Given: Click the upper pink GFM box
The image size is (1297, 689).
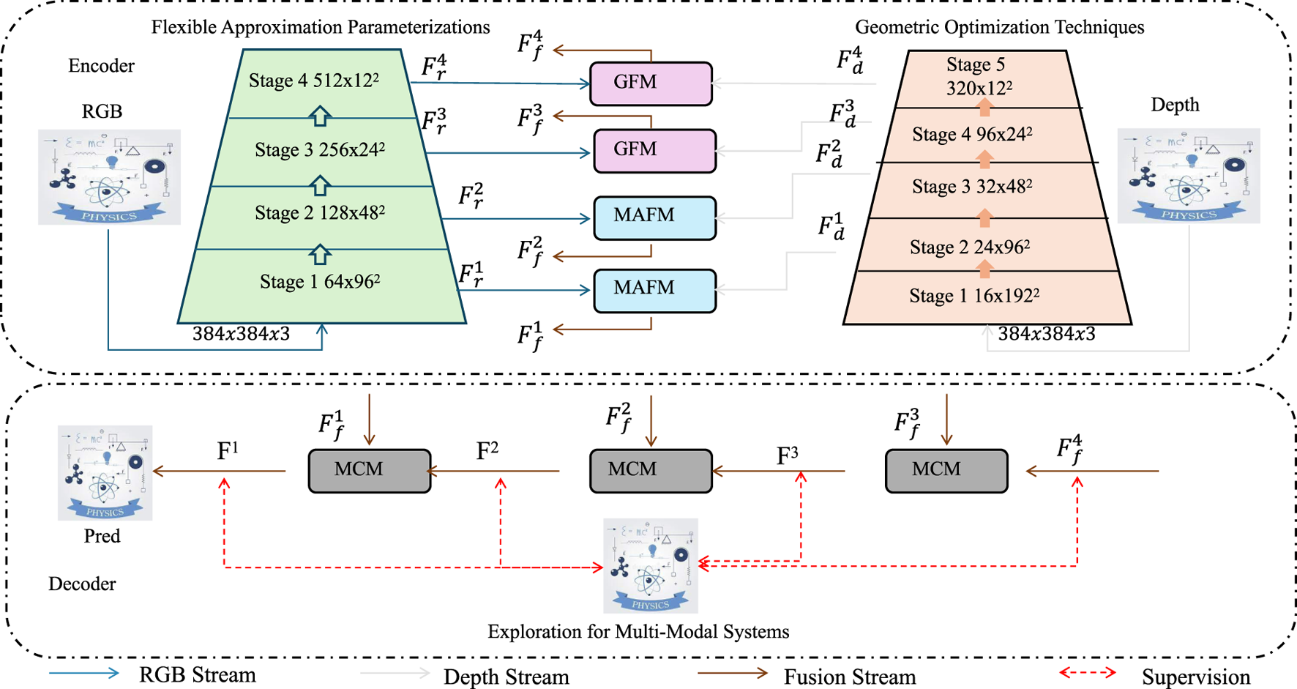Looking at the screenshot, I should click(651, 83).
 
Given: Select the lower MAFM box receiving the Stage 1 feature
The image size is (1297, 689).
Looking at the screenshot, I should click(654, 291).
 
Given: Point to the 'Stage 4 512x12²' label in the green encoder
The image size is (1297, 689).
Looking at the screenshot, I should click(314, 81).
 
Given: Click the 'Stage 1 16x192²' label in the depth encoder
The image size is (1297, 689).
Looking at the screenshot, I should click(974, 296).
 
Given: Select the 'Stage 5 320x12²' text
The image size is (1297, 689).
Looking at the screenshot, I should click(979, 77).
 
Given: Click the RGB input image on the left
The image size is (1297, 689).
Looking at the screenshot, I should click(109, 177).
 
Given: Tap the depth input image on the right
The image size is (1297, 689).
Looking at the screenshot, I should click(1188, 176).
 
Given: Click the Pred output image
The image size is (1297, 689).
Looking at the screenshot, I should click(105, 473).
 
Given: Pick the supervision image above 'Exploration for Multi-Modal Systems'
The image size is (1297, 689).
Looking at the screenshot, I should click(650, 566).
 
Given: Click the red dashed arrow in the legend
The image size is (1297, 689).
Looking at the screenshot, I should click(1088, 672).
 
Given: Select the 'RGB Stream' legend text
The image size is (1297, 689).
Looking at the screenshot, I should click(198, 674).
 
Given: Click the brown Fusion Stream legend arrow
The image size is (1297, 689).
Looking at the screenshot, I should click(732, 673).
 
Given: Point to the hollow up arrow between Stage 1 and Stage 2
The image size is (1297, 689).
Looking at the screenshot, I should click(320, 255).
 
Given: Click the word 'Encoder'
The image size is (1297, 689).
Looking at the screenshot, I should click(101, 66).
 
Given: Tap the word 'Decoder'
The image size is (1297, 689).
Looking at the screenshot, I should click(82, 584).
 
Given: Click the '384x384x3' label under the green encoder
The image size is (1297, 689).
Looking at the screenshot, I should click(241, 334).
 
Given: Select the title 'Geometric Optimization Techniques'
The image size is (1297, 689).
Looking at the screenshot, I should click(999, 27).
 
